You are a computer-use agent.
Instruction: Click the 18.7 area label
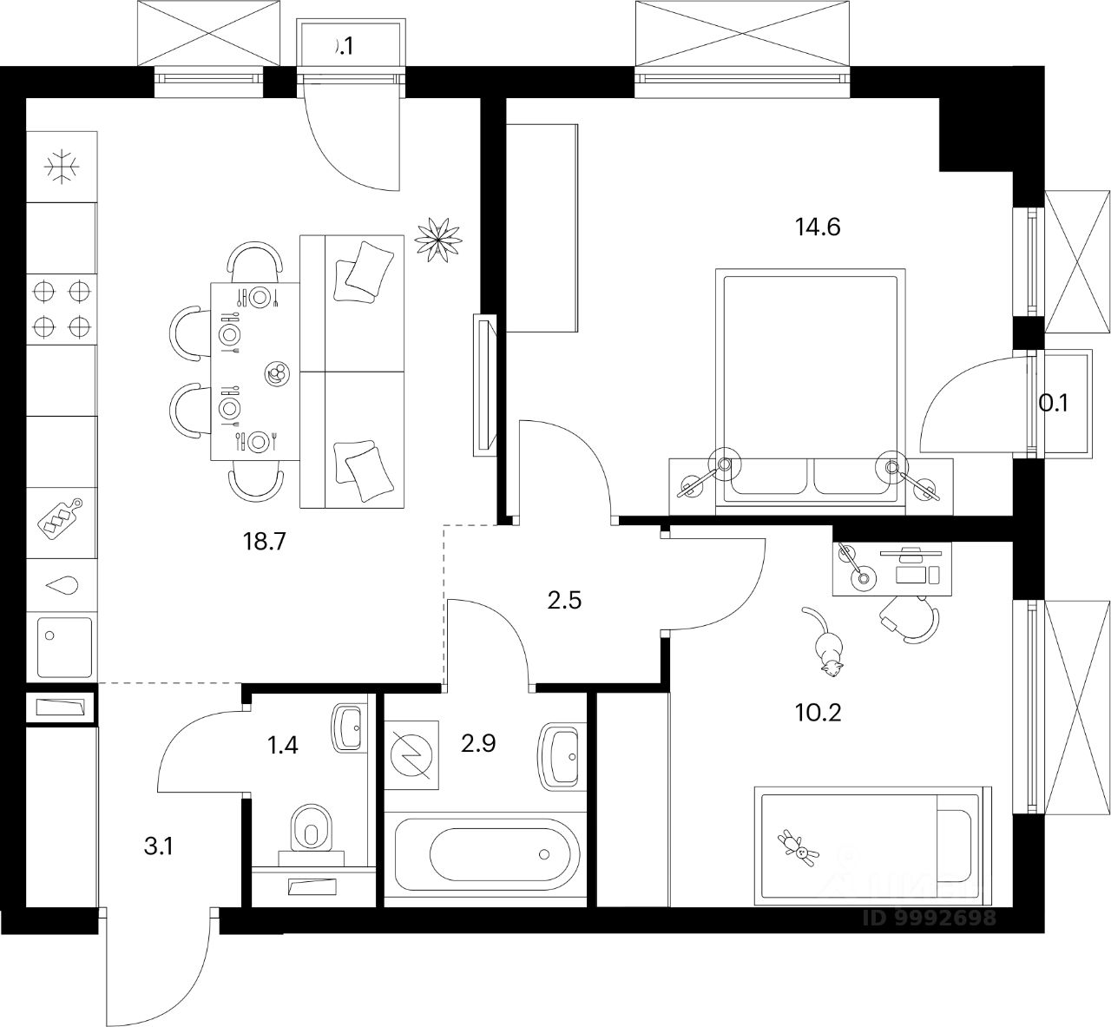pyautogui.click(x=266, y=543)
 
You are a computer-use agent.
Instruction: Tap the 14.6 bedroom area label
pyautogui.click(x=818, y=227)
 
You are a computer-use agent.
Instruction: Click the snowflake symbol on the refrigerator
pyautogui.click(x=62, y=167)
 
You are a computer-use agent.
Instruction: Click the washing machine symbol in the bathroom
pyautogui.click(x=413, y=757)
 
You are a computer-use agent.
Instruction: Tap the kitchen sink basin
pyautogui.click(x=63, y=646)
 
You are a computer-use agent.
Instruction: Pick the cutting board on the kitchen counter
pyautogui.click(x=59, y=519)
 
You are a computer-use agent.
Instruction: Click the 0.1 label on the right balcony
pyautogui.click(x=1054, y=403)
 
